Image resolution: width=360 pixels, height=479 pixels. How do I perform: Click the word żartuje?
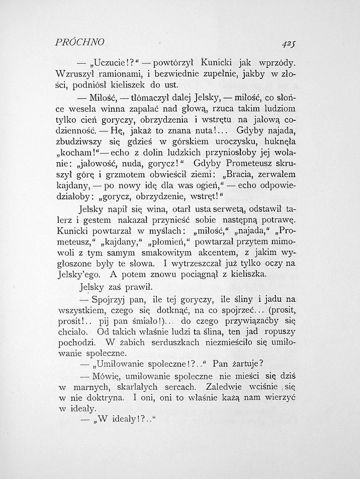[x=243, y=365]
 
